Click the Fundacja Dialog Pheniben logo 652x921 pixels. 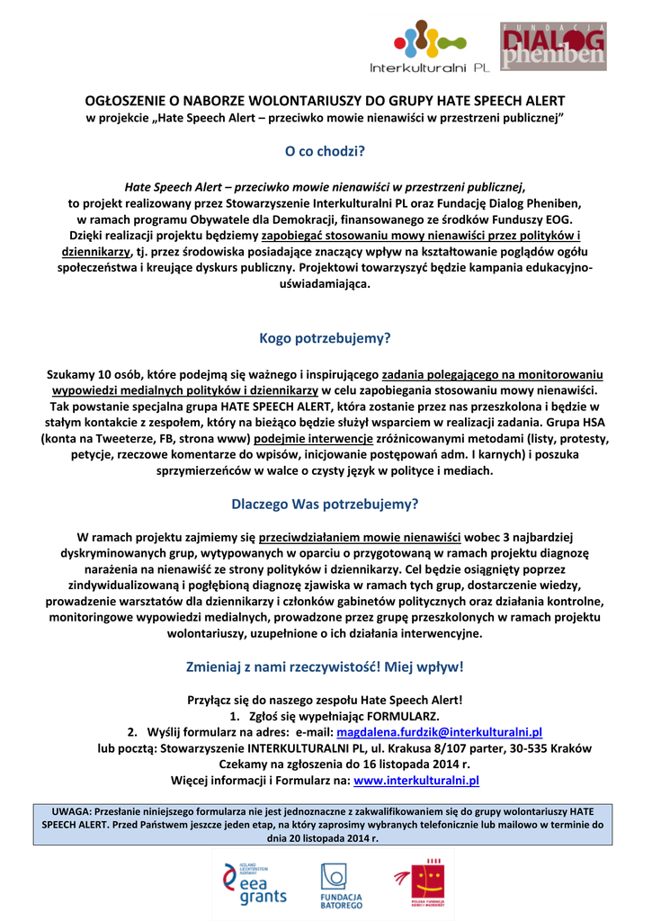[552, 48]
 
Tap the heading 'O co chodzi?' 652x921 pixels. [326, 151]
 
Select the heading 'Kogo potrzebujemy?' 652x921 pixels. [326, 339]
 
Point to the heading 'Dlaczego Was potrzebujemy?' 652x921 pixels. [326, 504]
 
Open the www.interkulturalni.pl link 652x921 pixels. [417, 781]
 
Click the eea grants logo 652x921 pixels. [255, 882]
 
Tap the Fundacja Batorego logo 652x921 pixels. [342, 884]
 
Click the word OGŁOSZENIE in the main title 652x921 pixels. [126, 101]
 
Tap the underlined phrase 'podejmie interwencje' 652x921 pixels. [314, 438]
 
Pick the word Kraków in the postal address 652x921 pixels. [571, 748]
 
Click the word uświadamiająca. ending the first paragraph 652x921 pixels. [326, 283]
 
